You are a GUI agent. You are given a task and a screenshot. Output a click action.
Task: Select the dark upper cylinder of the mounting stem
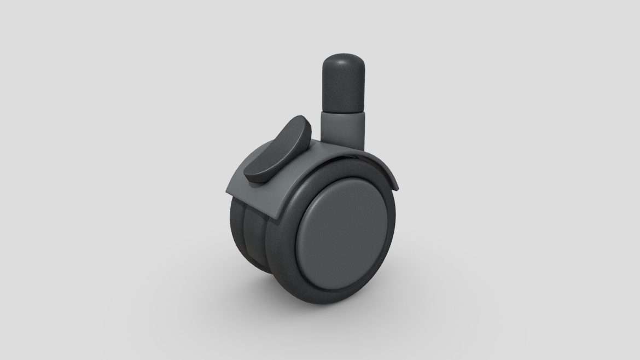(343, 88)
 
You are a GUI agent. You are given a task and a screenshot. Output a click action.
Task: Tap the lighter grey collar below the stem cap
(343, 129)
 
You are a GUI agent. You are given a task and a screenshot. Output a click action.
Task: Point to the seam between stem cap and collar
(343, 112)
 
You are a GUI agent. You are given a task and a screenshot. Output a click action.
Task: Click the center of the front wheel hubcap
(342, 233)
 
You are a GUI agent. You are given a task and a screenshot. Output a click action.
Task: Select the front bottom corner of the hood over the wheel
(277, 219)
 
